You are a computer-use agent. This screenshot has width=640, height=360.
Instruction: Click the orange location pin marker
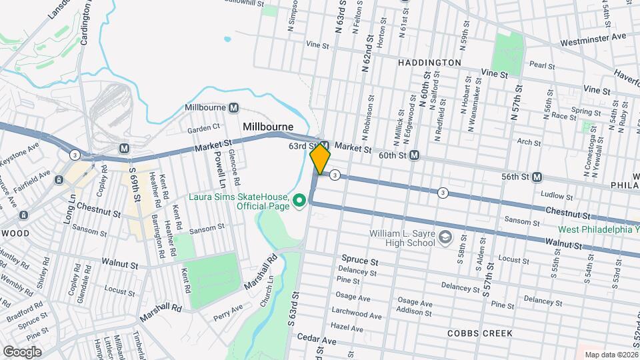tap(320, 159)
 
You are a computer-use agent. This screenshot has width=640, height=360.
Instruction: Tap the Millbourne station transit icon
tap(234, 107)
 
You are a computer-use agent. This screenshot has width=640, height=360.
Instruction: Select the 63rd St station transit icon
tap(325, 145)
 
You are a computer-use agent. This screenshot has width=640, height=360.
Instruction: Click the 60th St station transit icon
tap(414, 155)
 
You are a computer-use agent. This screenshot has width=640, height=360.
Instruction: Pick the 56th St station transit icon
tap(537, 177)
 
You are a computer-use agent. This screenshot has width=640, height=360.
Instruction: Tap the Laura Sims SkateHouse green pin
tap(300, 200)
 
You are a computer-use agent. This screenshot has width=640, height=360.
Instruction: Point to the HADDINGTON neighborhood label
tap(429, 63)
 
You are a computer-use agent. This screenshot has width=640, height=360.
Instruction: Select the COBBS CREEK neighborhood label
tap(480, 333)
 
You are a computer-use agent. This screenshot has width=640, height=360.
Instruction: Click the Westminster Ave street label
tap(593, 36)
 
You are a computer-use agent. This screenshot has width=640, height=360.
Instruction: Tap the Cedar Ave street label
tap(317, 340)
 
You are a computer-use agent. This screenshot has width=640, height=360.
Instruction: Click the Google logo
tap(23, 351)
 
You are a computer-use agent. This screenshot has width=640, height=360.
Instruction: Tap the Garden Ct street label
tap(203, 127)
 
